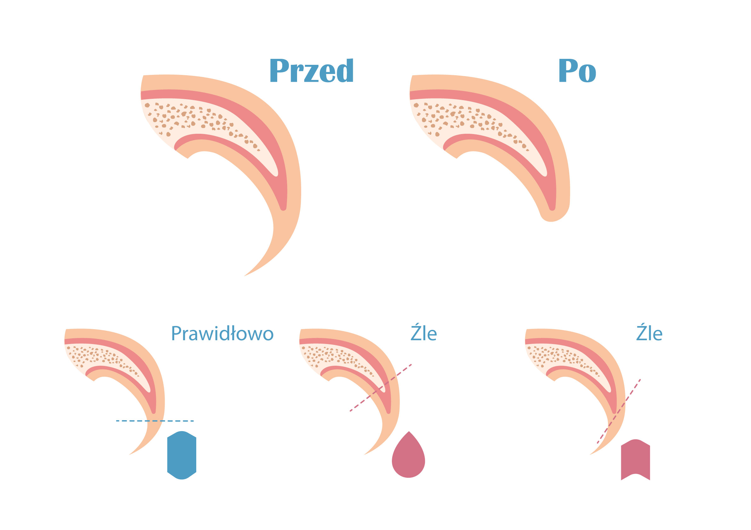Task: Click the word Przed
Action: tap(311, 70)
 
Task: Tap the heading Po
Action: tap(577, 70)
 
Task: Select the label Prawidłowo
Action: tap(222, 334)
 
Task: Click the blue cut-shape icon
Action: tap(181, 455)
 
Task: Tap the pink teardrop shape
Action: tap(409, 455)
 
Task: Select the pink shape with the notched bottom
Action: tap(635, 460)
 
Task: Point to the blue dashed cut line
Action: tap(155, 421)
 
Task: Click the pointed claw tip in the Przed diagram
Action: tap(245, 276)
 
